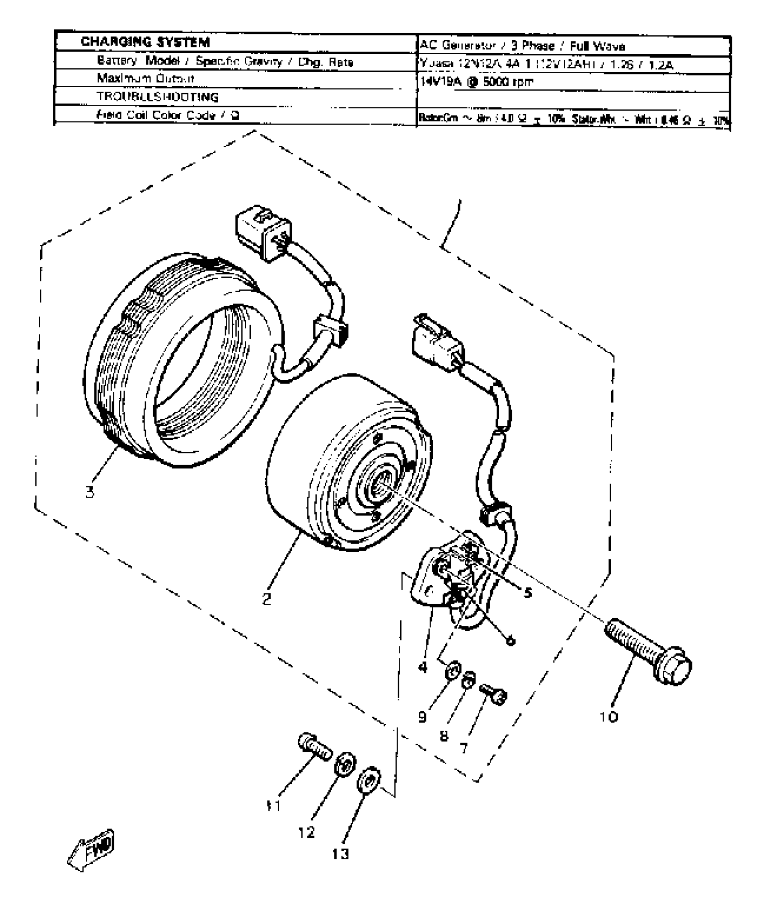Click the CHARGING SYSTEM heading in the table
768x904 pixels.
pyautogui.click(x=145, y=42)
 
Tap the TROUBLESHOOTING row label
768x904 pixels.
pyautogui.click(x=157, y=97)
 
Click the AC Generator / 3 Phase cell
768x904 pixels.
pyautogui.click(x=522, y=46)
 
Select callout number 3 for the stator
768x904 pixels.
pyautogui.click(x=90, y=492)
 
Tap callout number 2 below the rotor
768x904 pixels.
pyautogui.click(x=267, y=599)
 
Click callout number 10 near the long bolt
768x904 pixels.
pyautogui.click(x=609, y=717)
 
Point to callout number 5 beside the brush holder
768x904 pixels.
pyautogui.click(x=528, y=592)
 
